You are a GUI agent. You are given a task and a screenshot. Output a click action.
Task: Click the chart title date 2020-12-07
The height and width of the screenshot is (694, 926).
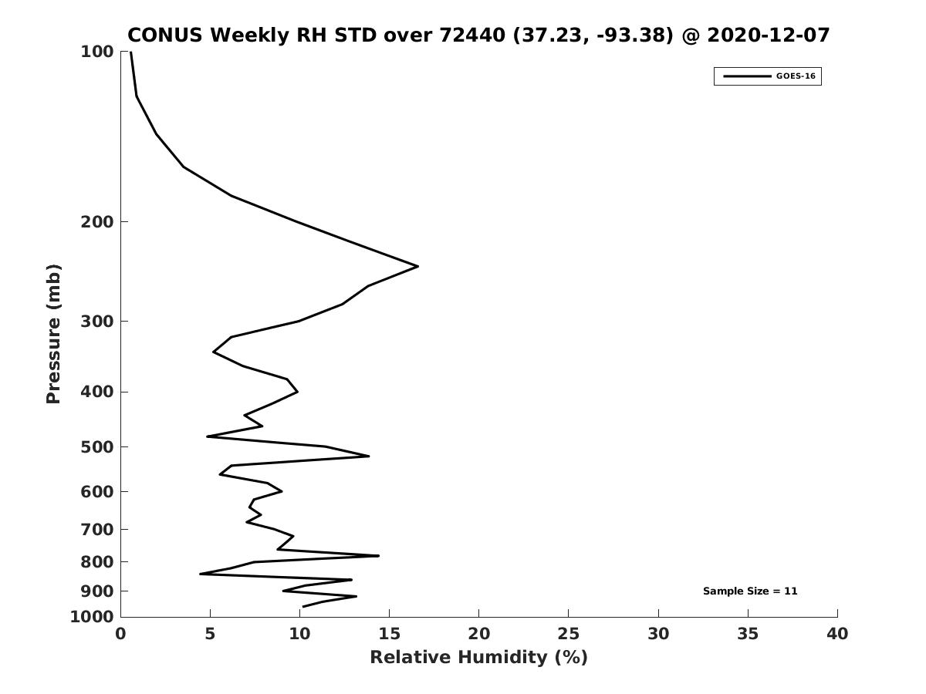pos(769,35)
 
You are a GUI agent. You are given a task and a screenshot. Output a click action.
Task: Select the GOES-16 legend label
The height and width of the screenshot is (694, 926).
pos(796,76)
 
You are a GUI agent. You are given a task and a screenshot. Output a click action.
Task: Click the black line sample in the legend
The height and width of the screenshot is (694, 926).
pos(746,76)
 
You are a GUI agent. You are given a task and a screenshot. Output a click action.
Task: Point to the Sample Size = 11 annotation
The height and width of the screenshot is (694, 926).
pos(750,591)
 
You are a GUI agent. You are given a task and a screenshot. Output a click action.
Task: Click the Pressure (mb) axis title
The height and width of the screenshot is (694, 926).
pos(53,334)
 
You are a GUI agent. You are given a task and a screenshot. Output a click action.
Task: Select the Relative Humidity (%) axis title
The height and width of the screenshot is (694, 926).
pos(478,658)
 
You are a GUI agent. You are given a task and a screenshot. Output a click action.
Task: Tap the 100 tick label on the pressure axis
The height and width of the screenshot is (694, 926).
pos(97,52)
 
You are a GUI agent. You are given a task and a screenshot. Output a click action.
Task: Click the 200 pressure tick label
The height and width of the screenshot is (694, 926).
pos(97,222)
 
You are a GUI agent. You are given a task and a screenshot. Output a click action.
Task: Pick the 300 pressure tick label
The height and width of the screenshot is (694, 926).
pos(97,322)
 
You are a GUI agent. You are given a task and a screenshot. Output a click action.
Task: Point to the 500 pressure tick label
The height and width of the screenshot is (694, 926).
pos(97,447)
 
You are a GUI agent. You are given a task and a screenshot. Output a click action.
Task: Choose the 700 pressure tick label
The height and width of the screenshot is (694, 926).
pos(97,530)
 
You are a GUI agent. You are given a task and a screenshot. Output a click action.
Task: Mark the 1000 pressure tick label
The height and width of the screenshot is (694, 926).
pos(93,617)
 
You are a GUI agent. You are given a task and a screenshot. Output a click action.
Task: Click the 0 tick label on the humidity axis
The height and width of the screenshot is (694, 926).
pos(121,634)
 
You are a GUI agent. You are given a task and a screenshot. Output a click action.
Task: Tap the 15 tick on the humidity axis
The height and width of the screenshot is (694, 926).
pos(389,634)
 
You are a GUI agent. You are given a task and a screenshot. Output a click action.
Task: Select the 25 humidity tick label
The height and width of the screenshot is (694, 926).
pos(569,634)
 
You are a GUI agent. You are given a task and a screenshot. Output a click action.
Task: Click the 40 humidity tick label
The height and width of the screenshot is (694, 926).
pos(837,634)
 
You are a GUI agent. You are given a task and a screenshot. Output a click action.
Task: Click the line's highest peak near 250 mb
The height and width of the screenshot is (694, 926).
pos(417,266)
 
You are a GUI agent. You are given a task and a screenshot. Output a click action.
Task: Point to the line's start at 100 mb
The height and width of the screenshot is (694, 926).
pos(130,52)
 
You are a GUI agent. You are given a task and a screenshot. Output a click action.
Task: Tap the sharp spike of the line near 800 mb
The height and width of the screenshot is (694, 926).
pos(378,555)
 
